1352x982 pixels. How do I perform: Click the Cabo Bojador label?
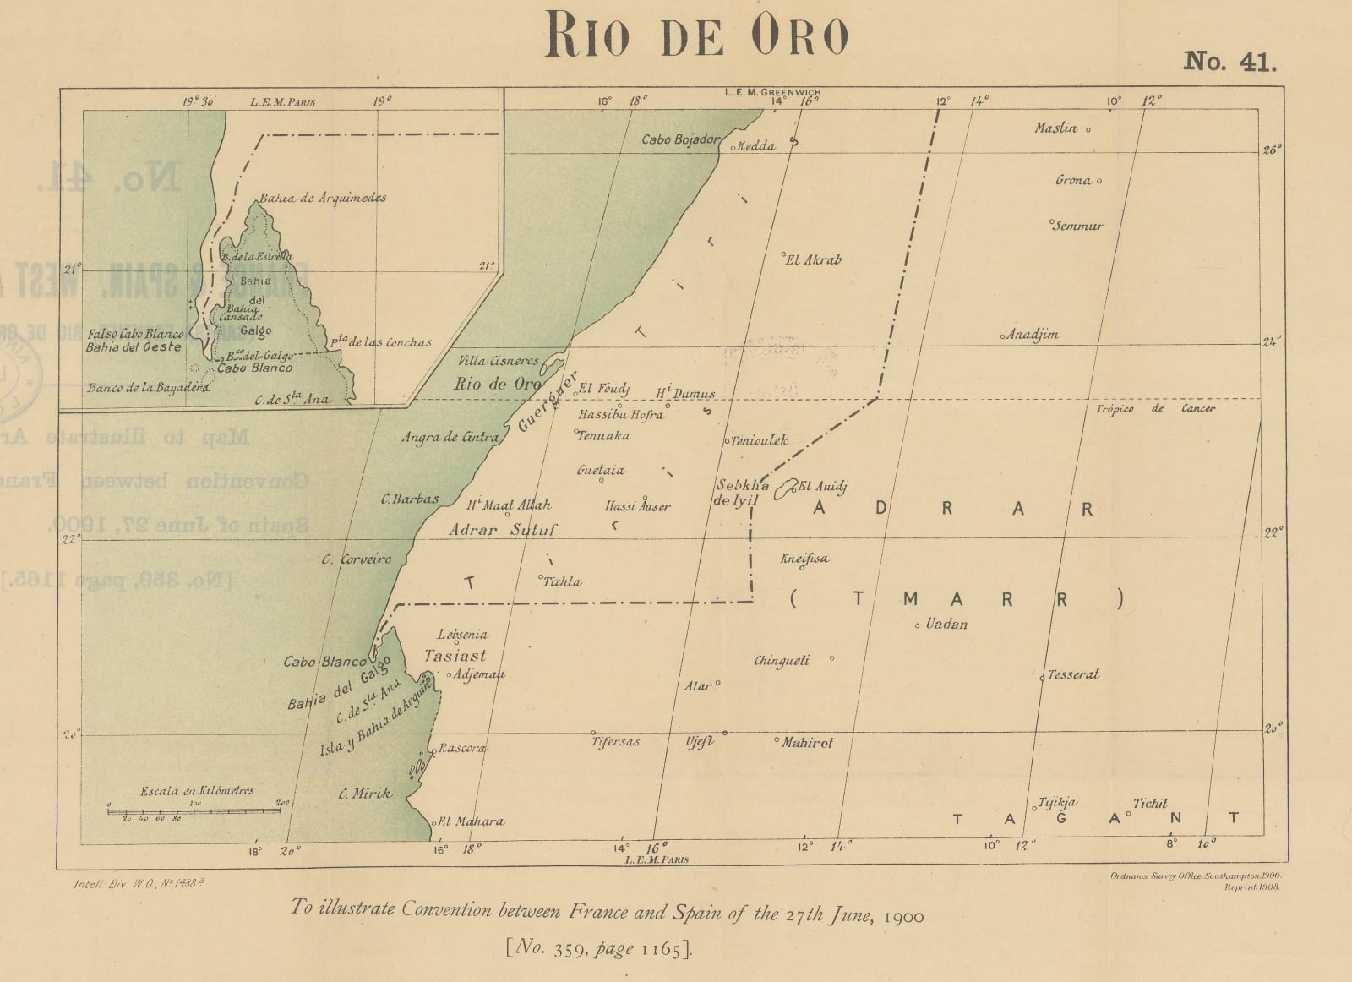point(681,139)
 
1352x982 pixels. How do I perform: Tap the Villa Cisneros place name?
point(498,361)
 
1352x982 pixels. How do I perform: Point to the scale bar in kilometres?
point(194,810)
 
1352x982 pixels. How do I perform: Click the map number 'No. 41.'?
point(1229,62)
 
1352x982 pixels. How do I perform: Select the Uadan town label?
point(946,625)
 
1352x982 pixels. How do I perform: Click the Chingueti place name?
point(782,660)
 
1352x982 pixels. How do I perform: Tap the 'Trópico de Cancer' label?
point(1155,409)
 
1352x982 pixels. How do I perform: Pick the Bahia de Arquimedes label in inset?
point(323,198)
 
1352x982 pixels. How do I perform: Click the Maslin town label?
point(1056,128)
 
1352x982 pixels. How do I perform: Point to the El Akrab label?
point(814,260)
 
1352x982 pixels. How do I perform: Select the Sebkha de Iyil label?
point(742,493)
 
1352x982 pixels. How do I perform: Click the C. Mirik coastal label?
point(365,793)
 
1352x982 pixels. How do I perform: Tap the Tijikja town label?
point(1057,803)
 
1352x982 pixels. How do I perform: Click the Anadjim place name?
point(1032,335)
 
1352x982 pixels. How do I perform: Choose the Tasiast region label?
point(455,656)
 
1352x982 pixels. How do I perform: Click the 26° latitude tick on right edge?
point(1272,150)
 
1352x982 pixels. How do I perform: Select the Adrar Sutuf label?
point(503,531)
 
